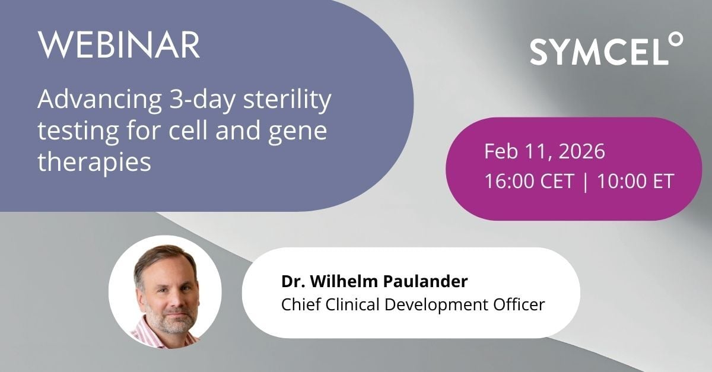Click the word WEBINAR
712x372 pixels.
(x=118, y=45)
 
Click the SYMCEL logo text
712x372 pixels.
(x=597, y=52)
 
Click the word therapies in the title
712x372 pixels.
(x=94, y=161)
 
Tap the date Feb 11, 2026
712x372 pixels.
(x=544, y=151)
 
